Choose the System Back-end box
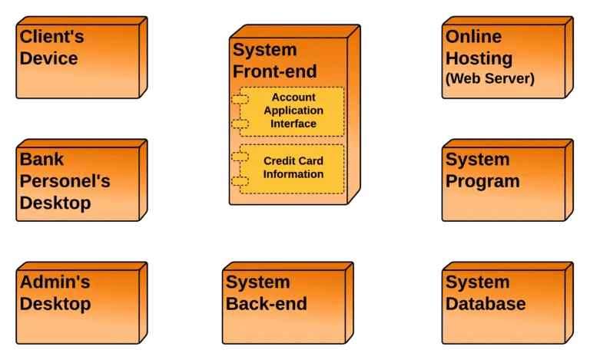[x=283, y=306]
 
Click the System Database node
[x=503, y=306]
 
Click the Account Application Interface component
[x=292, y=111]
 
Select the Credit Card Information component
[x=292, y=167]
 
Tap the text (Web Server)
[x=490, y=78]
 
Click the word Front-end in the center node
[x=274, y=72]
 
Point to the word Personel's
[x=65, y=182]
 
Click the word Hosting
[x=479, y=58]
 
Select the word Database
[x=486, y=304]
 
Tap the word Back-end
[x=266, y=304]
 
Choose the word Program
[x=482, y=182]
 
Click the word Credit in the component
[x=280, y=161]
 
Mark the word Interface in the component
[x=293, y=124]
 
